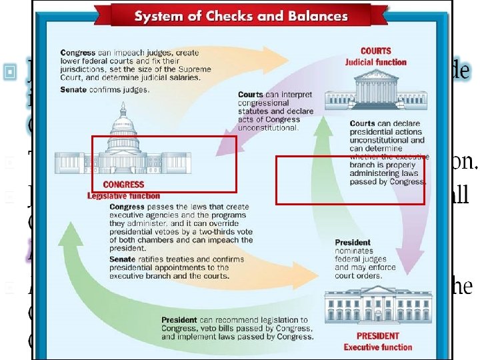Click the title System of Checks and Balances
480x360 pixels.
[241, 15]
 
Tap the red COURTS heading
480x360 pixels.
[375, 51]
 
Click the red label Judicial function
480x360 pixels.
[375, 62]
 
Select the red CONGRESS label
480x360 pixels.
[123, 185]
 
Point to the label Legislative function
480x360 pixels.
[123, 196]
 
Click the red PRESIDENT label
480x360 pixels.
[377, 336]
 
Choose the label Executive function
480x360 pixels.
[377, 347]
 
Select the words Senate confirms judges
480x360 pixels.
[105, 89]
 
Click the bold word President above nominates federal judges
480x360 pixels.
[353, 243]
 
